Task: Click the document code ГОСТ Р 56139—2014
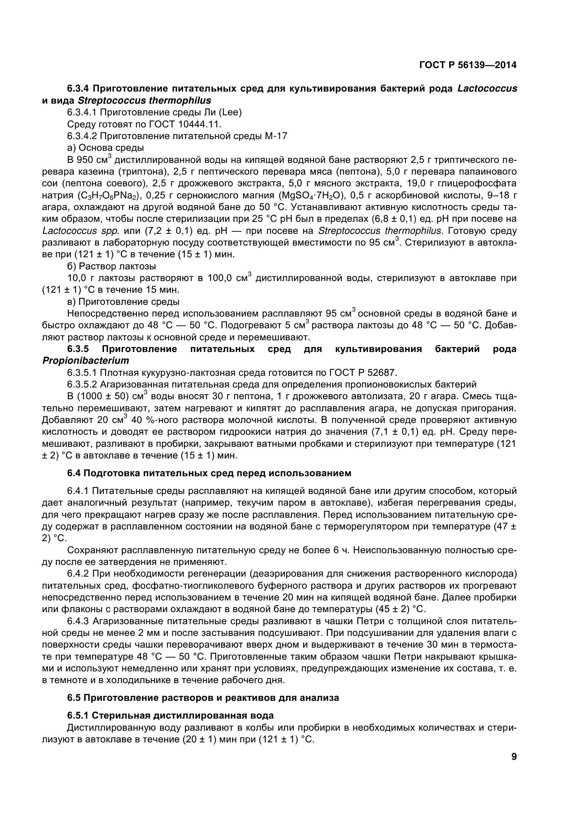click(468, 65)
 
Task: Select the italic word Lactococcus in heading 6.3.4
click(487, 89)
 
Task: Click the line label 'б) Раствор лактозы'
click(112, 266)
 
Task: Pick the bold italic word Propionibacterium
click(86, 361)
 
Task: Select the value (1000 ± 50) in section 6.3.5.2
click(103, 397)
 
